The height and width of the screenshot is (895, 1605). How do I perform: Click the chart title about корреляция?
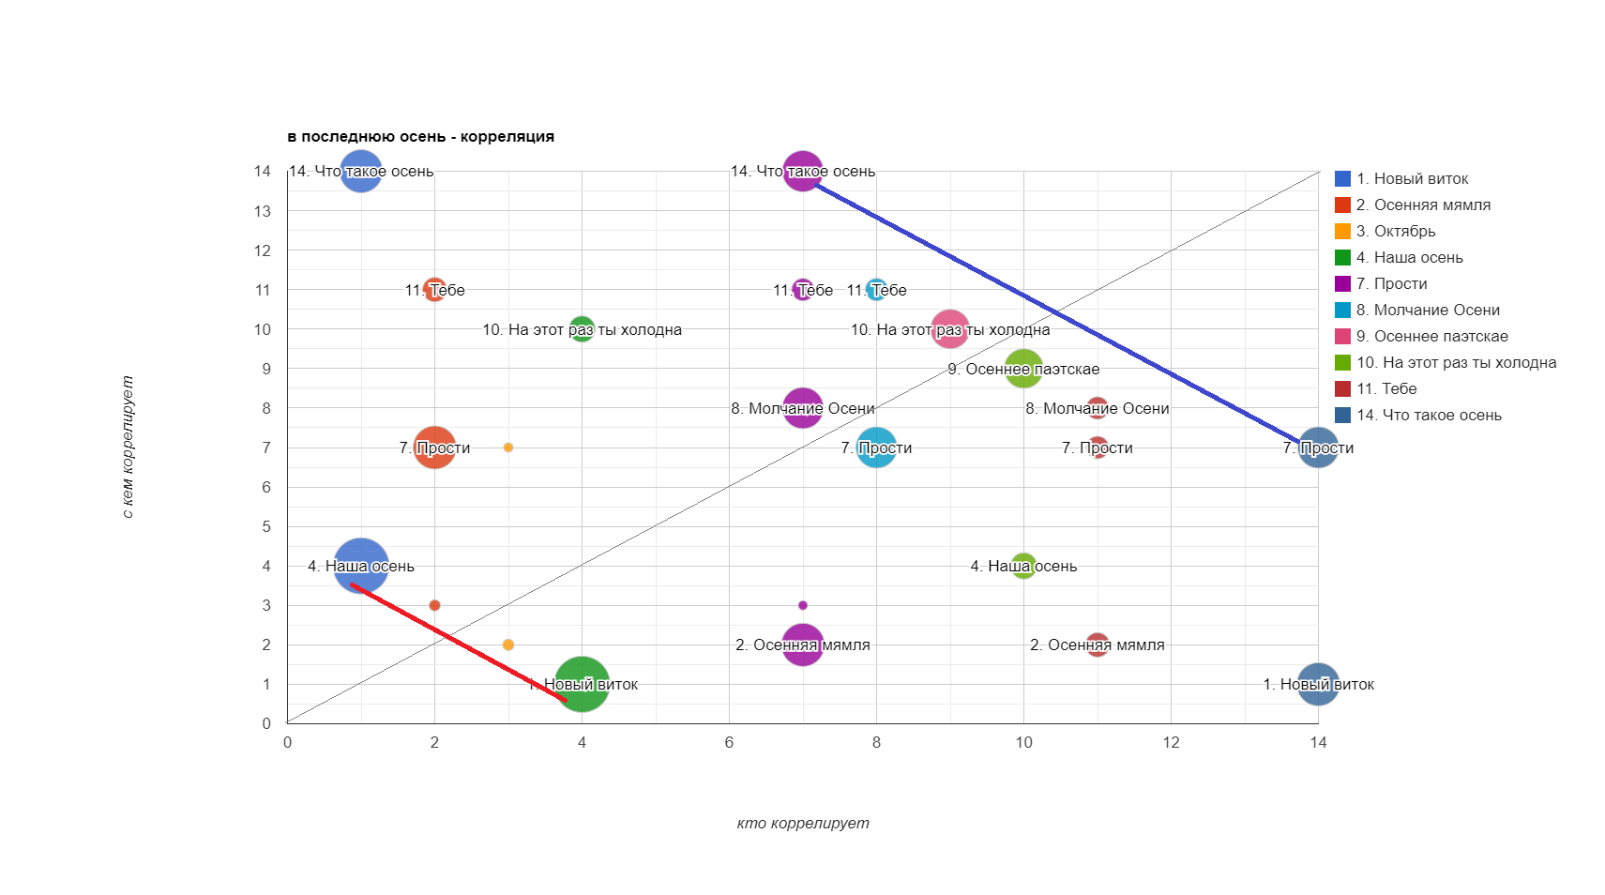tap(420, 137)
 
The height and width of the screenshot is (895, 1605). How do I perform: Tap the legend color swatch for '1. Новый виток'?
tap(1342, 178)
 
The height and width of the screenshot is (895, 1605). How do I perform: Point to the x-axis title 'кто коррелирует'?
tap(803, 823)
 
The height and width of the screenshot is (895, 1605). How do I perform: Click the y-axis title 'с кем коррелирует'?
tap(128, 447)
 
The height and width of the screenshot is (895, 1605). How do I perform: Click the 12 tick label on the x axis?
tap(1171, 742)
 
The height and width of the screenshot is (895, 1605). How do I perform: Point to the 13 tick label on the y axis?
tap(263, 211)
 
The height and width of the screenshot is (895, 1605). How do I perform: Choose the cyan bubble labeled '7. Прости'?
tap(876, 447)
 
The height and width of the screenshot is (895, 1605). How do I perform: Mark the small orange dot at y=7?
tap(508, 447)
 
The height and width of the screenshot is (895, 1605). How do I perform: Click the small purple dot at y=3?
tap(803, 605)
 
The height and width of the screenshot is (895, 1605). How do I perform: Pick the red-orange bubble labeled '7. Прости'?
tap(434, 447)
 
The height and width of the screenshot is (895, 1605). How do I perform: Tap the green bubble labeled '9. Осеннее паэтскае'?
tap(1023, 369)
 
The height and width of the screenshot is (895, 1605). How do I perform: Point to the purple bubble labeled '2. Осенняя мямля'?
tap(803, 645)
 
